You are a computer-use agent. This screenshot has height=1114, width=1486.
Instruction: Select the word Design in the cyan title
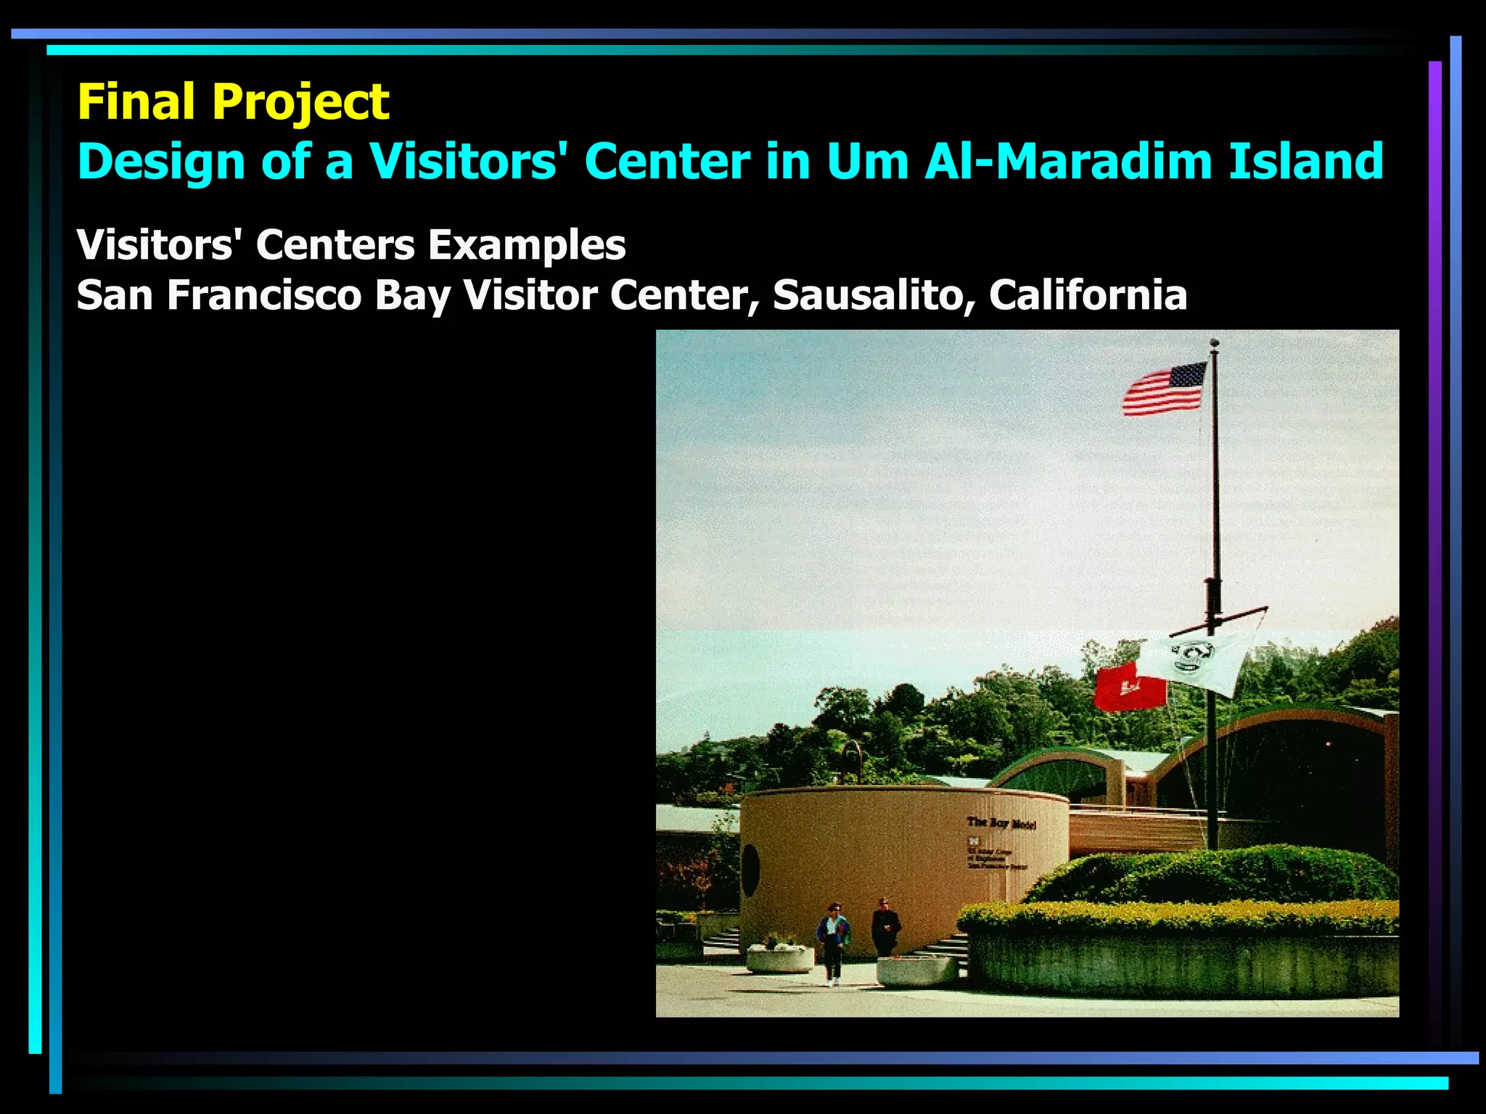tap(160, 161)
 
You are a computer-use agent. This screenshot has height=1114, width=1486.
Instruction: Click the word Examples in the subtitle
tap(527, 245)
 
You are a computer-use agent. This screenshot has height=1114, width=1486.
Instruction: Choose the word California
tap(1088, 294)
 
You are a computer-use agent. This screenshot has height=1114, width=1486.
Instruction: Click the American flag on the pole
tap(1164, 389)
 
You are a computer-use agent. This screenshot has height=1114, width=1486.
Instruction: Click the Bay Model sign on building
tap(1001, 823)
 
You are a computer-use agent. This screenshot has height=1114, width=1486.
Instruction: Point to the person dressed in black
tap(885, 928)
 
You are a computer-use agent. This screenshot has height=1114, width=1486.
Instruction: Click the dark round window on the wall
tap(750, 870)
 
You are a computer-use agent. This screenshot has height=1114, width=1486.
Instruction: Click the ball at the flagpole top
tap(1214, 342)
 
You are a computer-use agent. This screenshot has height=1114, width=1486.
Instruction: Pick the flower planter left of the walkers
tap(780, 957)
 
